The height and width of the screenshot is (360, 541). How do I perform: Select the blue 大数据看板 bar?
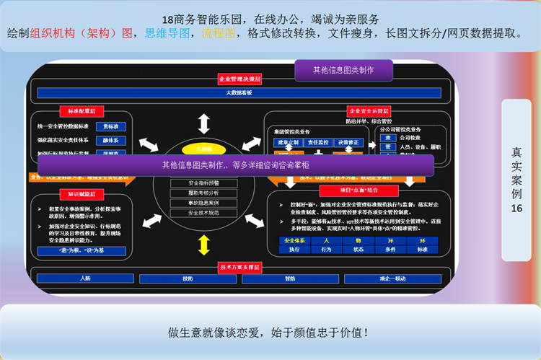[239, 93]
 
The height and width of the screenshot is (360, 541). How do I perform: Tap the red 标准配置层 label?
[82, 111]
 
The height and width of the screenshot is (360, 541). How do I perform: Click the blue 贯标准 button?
[111, 126]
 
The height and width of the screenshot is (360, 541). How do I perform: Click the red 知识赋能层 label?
[82, 193]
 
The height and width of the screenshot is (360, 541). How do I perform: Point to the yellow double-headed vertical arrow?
[204, 245]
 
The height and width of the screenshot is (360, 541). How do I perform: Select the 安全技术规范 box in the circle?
[204, 214]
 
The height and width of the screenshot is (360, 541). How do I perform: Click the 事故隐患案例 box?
[204, 203]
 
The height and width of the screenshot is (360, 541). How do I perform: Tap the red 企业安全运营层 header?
[369, 111]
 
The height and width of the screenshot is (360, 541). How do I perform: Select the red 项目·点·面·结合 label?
[360, 189]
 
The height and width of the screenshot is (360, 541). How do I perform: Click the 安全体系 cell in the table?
[294, 240]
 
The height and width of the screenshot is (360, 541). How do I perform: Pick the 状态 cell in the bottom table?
[359, 250]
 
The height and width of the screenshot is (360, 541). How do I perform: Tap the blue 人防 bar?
[85, 278]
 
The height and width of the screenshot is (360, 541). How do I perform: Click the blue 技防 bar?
[188, 278]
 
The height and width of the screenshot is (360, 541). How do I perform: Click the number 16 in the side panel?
[516, 208]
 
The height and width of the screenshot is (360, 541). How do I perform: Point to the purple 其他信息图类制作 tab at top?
[343, 70]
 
